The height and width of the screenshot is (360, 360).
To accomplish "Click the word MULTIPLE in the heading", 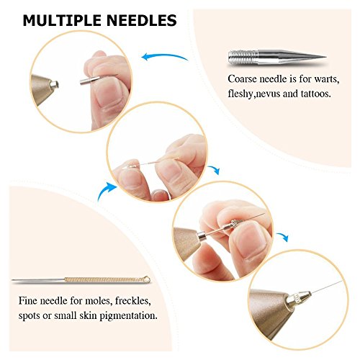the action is coord(63,20).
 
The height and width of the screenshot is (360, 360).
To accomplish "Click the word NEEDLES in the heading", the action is coord(142,20).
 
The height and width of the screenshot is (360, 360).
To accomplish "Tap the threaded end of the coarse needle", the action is coord(243,57).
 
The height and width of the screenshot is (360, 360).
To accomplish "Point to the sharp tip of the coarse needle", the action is coord(325,57).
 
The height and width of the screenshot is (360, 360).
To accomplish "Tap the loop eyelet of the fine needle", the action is coord(147,280).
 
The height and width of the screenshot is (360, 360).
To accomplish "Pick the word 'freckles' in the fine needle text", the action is coord(133,301).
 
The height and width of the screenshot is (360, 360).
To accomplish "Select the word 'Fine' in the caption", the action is coord(27,301).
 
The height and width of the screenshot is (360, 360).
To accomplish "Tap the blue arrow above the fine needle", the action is coord(106,189).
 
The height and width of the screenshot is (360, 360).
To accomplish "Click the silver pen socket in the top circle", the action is coord(55,84).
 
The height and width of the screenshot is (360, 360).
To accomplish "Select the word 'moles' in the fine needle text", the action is coord(99,301).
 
